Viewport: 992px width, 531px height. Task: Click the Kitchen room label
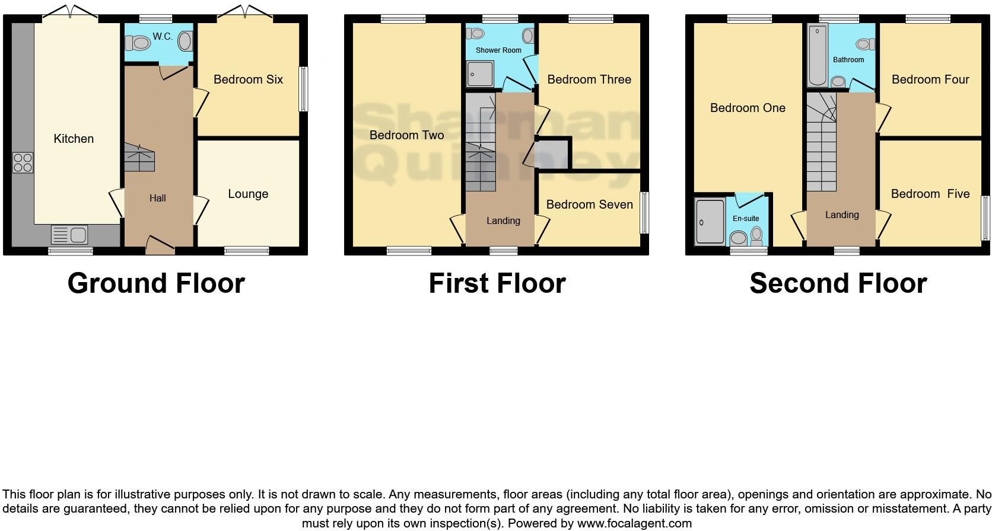click(74, 139)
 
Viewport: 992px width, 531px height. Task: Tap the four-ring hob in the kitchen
click(23, 162)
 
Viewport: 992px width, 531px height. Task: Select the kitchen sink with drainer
click(69, 235)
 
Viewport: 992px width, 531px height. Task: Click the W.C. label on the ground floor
click(162, 37)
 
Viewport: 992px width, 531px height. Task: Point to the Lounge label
click(248, 194)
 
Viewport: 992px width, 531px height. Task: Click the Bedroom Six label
click(248, 79)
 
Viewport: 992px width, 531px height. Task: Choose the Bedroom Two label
click(406, 135)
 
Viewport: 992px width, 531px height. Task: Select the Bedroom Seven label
click(589, 204)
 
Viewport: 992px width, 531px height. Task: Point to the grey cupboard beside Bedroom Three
click(552, 153)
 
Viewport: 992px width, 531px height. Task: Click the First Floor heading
click(497, 283)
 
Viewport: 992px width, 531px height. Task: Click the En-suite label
click(746, 219)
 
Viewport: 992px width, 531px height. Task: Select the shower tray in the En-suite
click(710, 222)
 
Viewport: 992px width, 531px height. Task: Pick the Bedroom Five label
click(930, 194)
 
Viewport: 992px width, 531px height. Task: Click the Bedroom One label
click(748, 108)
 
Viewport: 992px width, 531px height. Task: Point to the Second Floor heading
click(838, 283)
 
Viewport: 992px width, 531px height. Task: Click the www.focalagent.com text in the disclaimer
click(634, 523)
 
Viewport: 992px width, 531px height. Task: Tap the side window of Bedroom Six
click(303, 89)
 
